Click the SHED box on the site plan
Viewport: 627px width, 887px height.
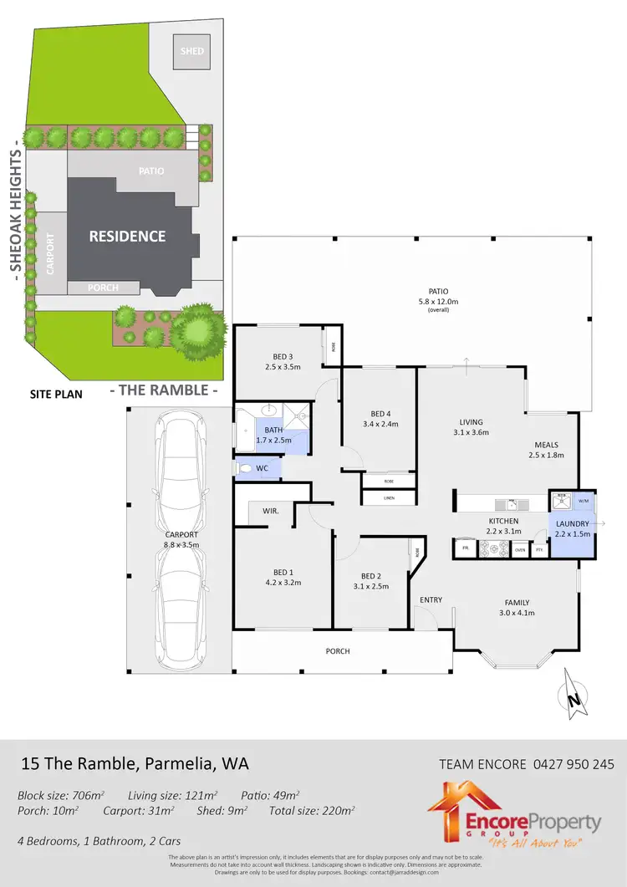[x=187, y=50]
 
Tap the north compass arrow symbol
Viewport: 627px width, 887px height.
[x=572, y=695]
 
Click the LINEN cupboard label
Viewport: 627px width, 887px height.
[x=388, y=498]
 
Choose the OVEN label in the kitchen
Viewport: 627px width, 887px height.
[x=519, y=549]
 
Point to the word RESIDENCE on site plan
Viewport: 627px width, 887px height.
[x=128, y=237]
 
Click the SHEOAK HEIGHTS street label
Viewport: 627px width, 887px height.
[x=14, y=214]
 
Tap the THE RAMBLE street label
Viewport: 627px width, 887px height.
[x=164, y=390]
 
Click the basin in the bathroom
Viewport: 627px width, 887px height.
[x=270, y=410]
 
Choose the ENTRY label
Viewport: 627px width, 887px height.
[x=431, y=599]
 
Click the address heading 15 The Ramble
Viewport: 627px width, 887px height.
[x=135, y=763]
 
